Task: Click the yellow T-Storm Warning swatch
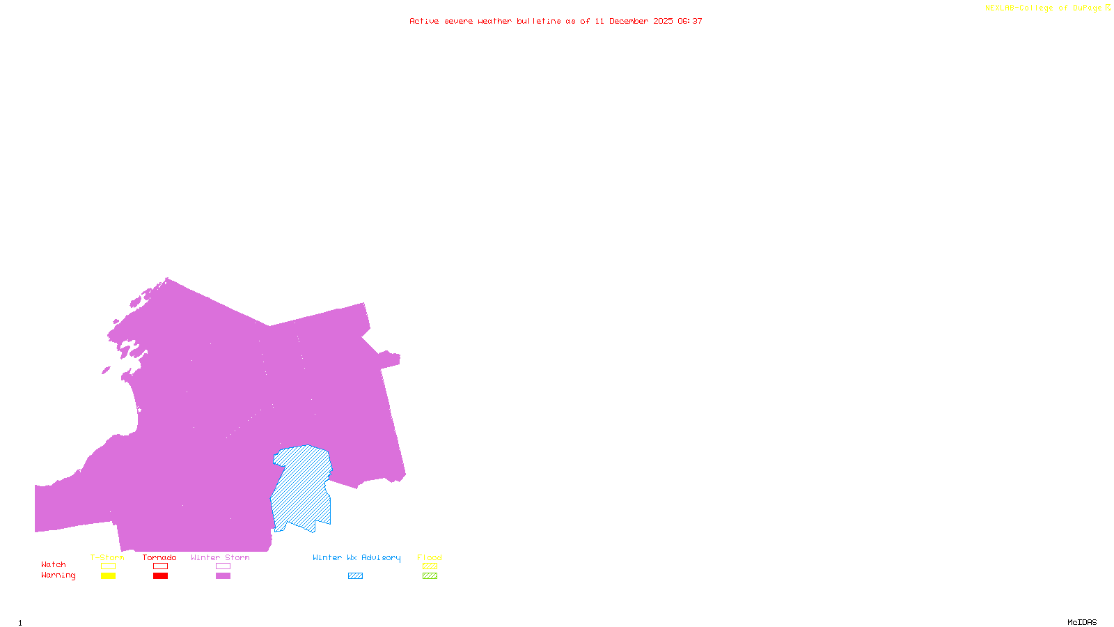pos(108,576)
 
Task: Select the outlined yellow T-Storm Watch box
pos(108,566)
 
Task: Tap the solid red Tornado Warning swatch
pos(160,576)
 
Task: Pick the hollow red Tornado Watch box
pos(160,566)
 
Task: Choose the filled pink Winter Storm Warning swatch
pos(223,576)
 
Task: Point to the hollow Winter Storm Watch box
pos(223,566)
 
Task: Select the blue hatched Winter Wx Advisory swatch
pos(355,576)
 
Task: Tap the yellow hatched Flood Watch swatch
pos(430,566)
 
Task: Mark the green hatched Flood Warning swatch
pos(430,576)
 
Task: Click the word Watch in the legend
pos(54,565)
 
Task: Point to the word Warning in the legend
pos(58,575)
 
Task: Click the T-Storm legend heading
pos(107,557)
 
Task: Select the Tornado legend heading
pos(159,557)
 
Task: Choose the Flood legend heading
pos(430,557)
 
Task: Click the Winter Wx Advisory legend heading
pos(356,557)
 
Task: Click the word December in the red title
pos(629,22)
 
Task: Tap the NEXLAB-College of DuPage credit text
pos(1043,8)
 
